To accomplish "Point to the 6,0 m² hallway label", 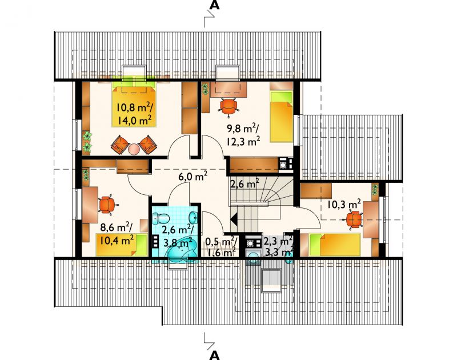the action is click(193, 176).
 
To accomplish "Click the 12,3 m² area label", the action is click(243, 141).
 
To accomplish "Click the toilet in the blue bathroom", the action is click(161, 218).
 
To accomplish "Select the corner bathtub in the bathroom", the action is click(179, 253).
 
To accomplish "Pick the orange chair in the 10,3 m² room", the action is click(354, 219).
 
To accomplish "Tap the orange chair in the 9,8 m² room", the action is click(228, 107).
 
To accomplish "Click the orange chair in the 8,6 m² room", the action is click(107, 205).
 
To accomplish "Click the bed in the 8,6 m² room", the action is click(122, 245).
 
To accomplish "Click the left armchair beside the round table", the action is click(119, 144).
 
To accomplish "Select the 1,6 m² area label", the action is click(221, 252).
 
